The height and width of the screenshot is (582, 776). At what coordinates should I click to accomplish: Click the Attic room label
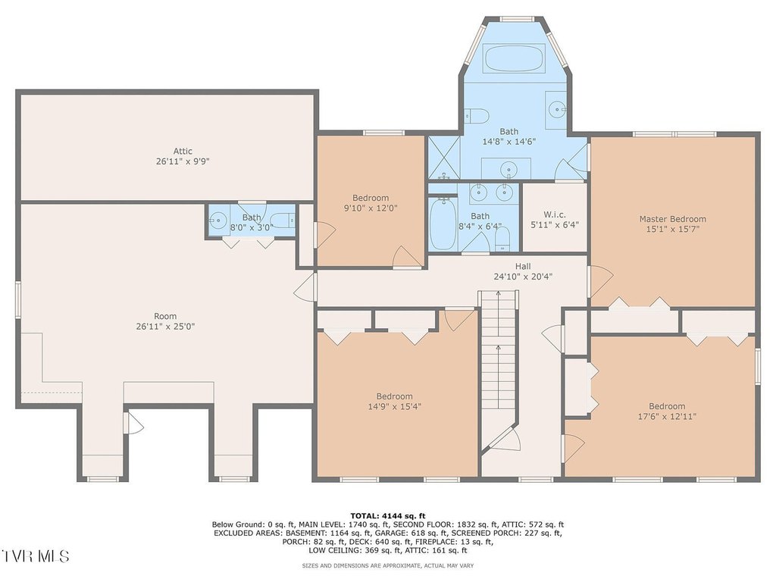tap(183, 151)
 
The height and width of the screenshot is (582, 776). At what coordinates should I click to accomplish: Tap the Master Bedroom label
tap(673, 219)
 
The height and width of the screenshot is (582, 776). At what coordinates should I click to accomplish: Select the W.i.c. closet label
tap(554, 214)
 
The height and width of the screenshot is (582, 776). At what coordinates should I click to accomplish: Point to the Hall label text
tap(523, 266)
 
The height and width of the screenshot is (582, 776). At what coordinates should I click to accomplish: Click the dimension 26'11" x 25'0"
tap(165, 327)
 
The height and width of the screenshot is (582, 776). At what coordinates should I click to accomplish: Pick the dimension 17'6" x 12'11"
tap(667, 417)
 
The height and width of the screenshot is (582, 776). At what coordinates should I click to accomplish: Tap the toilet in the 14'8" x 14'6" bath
tap(476, 116)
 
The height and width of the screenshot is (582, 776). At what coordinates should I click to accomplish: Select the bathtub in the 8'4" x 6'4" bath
tap(443, 224)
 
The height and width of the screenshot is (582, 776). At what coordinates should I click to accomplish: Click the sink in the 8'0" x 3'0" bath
tap(218, 219)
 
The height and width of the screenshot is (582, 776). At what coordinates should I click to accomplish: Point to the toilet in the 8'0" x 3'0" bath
tap(283, 219)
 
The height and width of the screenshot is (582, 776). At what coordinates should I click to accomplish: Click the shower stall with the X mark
tap(444, 158)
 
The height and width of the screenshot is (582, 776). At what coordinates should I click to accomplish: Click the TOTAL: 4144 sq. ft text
tap(387, 515)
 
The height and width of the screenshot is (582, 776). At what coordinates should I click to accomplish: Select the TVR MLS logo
tap(35, 555)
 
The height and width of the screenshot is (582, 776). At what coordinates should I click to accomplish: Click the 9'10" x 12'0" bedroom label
tap(371, 203)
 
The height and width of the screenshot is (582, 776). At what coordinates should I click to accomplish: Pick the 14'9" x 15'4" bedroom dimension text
tap(394, 407)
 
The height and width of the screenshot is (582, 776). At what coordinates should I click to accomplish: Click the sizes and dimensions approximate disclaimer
tap(387, 565)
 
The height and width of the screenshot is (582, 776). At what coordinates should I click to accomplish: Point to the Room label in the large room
tap(165, 316)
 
